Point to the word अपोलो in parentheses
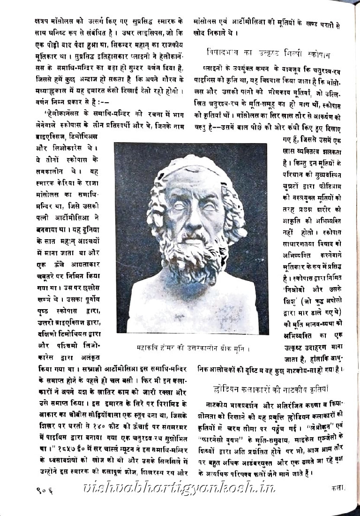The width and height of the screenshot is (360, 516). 332,301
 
